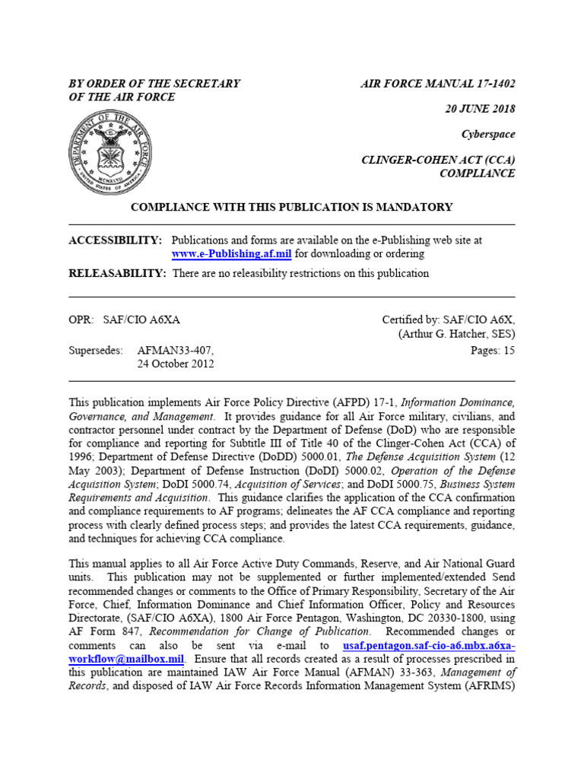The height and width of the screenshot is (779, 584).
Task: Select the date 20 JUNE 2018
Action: [480, 109]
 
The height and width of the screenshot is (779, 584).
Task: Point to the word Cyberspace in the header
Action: [488, 135]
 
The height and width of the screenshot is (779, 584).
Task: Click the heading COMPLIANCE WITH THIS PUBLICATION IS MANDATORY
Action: [292, 207]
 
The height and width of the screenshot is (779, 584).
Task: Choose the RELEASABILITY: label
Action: [117, 273]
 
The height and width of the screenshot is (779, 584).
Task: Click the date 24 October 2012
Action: [176, 364]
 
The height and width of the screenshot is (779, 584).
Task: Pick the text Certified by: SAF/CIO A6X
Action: [448, 320]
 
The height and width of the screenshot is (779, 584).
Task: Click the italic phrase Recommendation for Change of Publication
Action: [260, 631]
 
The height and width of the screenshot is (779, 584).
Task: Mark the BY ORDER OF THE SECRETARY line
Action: [154, 84]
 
